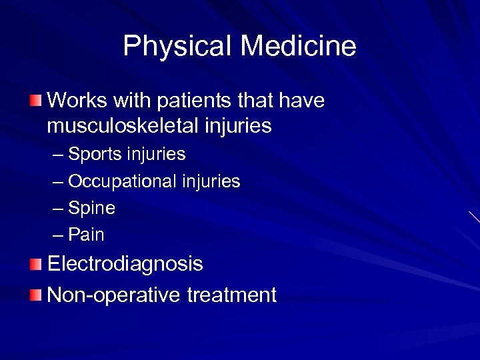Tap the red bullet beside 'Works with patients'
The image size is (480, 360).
(x=35, y=101)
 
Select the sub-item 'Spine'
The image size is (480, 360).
(x=92, y=208)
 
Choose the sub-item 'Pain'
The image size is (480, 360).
(x=87, y=235)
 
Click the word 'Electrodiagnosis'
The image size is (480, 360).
(x=125, y=265)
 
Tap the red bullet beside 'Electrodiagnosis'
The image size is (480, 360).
(x=35, y=265)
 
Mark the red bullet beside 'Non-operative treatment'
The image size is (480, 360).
(x=35, y=294)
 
